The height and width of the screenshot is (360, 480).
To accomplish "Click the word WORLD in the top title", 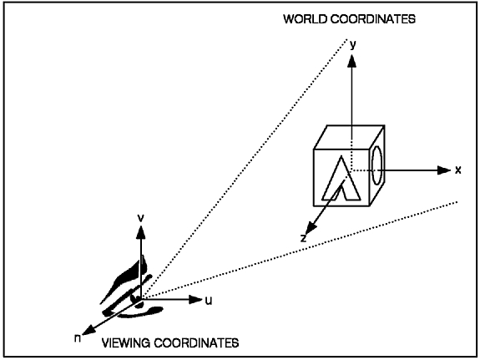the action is click(x=306, y=19).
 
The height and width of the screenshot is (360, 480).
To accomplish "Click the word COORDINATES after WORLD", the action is click(x=373, y=19).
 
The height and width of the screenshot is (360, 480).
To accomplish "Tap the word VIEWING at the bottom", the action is click(x=126, y=342).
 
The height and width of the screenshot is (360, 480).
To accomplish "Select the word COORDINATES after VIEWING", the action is click(x=196, y=342).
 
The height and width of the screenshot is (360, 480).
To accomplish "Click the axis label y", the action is click(x=353, y=45).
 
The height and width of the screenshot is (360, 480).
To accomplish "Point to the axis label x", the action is click(x=458, y=170).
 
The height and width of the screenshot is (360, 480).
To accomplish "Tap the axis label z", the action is click(x=303, y=238).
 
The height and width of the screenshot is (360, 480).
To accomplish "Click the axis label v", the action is click(x=140, y=218).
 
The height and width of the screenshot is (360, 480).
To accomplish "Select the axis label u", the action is click(x=209, y=301).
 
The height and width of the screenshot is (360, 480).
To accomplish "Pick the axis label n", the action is click(x=78, y=338).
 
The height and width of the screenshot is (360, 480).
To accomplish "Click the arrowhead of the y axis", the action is click(x=352, y=61).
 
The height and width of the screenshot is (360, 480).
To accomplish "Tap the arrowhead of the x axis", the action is click(x=444, y=170).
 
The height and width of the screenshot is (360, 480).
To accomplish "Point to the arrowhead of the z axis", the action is click(x=311, y=229).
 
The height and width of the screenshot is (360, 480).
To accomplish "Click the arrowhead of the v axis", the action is click(x=141, y=232).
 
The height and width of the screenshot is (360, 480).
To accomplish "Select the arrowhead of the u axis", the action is click(x=195, y=299).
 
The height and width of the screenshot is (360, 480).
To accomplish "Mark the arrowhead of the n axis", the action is click(x=88, y=330).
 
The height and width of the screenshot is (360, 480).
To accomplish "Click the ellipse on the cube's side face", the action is click(x=371, y=165).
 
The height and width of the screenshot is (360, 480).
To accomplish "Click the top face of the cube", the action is click(x=349, y=137).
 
